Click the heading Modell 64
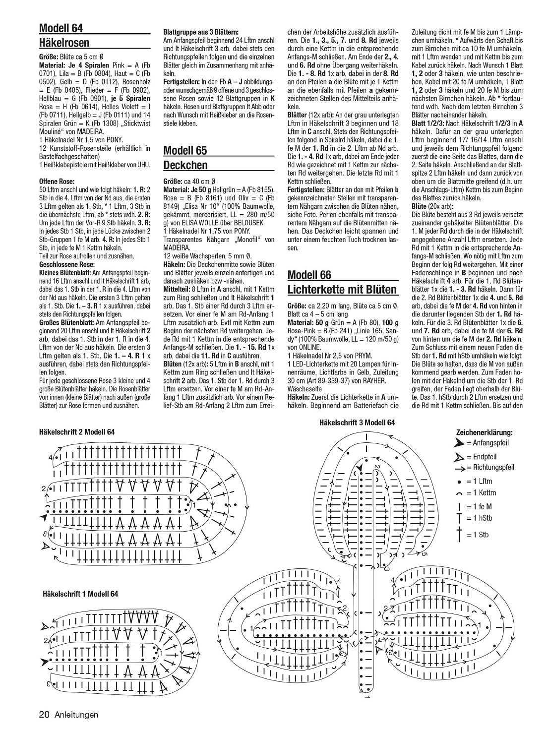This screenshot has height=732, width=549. (61, 27)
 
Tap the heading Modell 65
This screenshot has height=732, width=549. (185, 151)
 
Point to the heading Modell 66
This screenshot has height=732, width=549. (309, 275)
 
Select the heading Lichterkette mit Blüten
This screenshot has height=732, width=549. (342, 289)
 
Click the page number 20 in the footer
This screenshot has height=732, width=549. (43, 715)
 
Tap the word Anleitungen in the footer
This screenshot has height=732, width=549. (76, 715)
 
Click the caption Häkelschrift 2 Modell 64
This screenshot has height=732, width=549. (77, 432)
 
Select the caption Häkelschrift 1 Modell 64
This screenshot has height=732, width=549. (80, 594)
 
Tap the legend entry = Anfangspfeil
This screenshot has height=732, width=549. (488, 443)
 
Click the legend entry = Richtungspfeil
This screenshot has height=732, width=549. (490, 468)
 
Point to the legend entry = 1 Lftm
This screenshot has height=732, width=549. (479, 482)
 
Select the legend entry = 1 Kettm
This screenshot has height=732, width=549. (481, 493)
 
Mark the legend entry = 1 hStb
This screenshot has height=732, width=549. (479, 518)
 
